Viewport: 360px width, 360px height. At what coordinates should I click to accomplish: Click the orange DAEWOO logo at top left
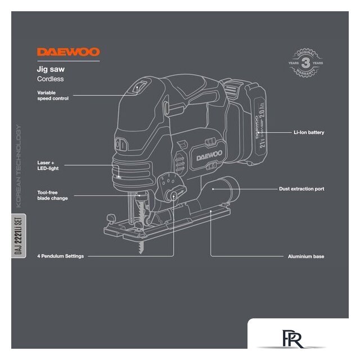click(68, 52)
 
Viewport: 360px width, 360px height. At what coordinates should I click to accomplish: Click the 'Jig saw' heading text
click(50, 69)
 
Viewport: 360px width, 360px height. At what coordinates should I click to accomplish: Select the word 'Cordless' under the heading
click(50, 79)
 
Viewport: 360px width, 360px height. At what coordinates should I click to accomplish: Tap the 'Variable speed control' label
click(52, 95)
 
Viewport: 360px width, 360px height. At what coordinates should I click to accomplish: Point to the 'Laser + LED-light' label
click(49, 165)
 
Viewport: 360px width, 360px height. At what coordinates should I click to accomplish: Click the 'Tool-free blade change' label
click(52, 195)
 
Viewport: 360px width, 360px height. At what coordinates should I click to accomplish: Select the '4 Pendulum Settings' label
click(60, 256)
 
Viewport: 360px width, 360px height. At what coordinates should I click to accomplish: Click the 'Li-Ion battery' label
click(309, 132)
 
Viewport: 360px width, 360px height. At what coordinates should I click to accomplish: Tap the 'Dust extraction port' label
click(301, 189)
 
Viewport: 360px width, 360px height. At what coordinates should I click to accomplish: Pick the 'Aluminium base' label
click(305, 256)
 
